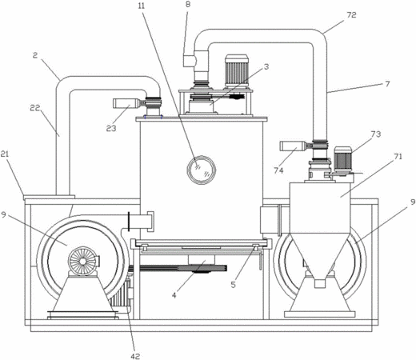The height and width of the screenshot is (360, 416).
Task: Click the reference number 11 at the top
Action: (x=142, y=6)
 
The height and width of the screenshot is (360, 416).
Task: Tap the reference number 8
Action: (x=188, y=5)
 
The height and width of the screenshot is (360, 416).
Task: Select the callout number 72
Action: (x=351, y=15)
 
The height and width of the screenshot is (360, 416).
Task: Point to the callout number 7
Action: (x=387, y=84)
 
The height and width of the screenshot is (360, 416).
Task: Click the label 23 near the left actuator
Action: (x=111, y=128)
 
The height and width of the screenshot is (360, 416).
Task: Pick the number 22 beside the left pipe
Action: (x=35, y=108)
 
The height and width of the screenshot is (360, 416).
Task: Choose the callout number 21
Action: (x=5, y=154)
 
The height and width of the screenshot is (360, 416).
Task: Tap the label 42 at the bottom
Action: (x=135, y=356)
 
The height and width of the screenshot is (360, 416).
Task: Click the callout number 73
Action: (x=375, y=134)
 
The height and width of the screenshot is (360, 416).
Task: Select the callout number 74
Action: (x=278, y=170)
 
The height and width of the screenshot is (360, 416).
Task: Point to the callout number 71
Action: (x=398, y=157)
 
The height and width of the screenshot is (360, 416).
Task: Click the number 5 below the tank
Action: (x=234, y=285)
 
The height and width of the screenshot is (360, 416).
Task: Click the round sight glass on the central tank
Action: (x=201, y=170)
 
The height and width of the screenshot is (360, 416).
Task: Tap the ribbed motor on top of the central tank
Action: (x=237, y=70)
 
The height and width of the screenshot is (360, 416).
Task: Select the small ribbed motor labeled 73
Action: (x=342, y=159)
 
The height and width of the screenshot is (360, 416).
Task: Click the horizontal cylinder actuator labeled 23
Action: (x=126, y=103)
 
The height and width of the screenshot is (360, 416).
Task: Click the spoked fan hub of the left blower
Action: (x=82, y=262)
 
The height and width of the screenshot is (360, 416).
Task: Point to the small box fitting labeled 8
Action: (x=189, y=60)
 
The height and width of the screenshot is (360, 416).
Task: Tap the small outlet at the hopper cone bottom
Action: (x=320, y=283)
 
